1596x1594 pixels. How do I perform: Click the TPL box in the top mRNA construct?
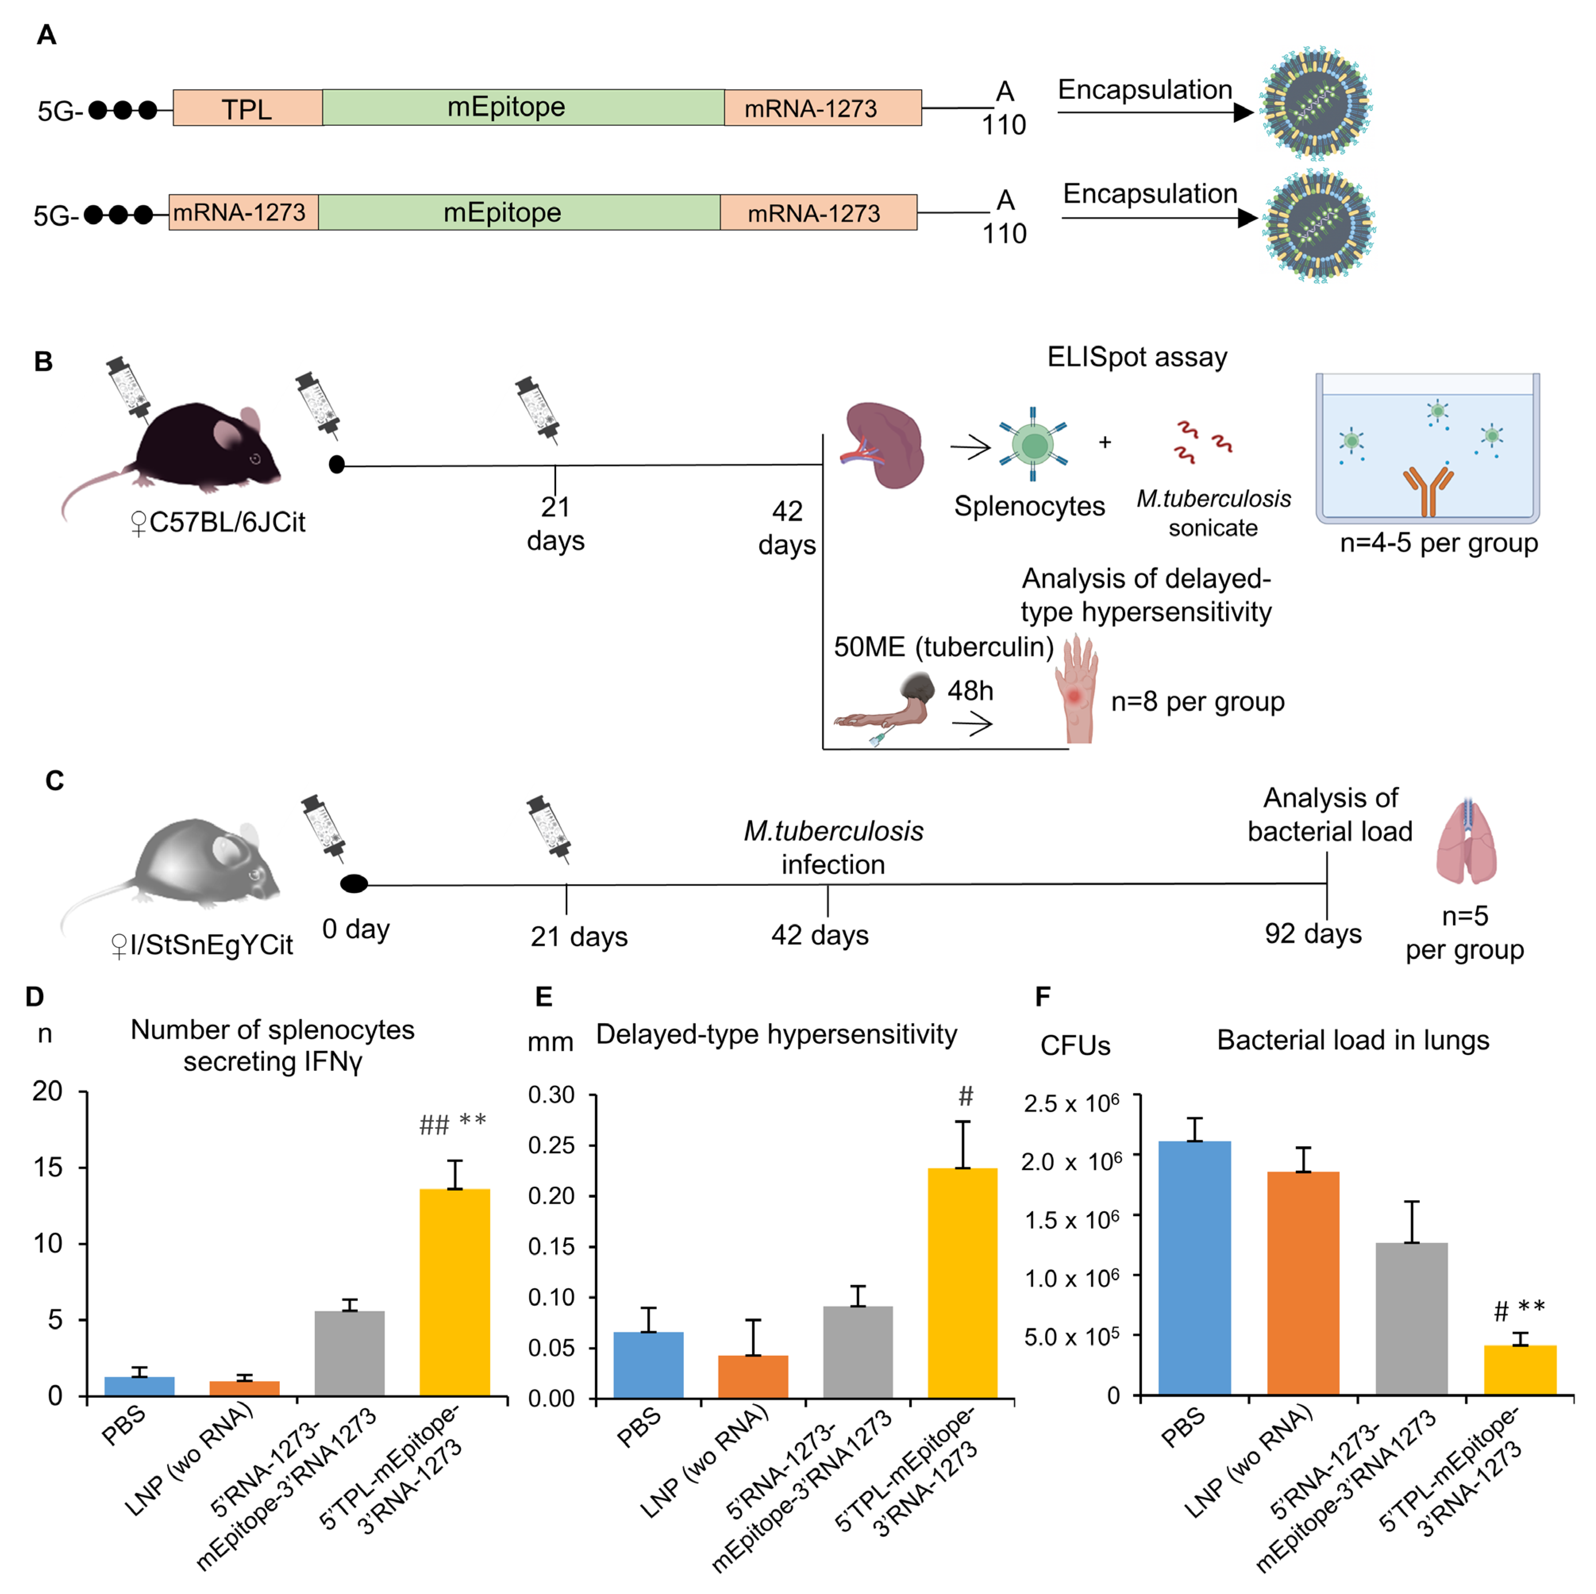247,108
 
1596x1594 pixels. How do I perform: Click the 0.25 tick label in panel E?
551,1145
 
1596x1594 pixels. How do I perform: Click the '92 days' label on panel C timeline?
1313,934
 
